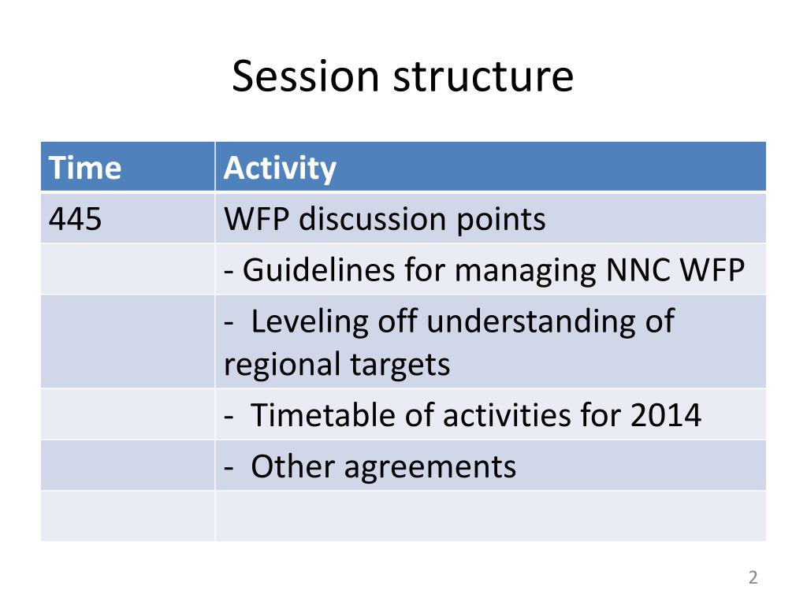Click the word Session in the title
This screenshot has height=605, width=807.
(x=306, y=76)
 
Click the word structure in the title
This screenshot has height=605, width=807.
(x=483, y=77)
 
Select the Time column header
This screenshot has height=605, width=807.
(x=85, y=168)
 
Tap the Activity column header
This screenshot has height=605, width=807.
(x=280, y=169)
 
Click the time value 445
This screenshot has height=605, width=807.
(x=75, y=219)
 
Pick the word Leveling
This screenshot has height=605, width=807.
(x=309, y=323)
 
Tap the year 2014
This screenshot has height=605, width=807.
(x=665, y=416)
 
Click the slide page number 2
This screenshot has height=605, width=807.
(x=753, y=577)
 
